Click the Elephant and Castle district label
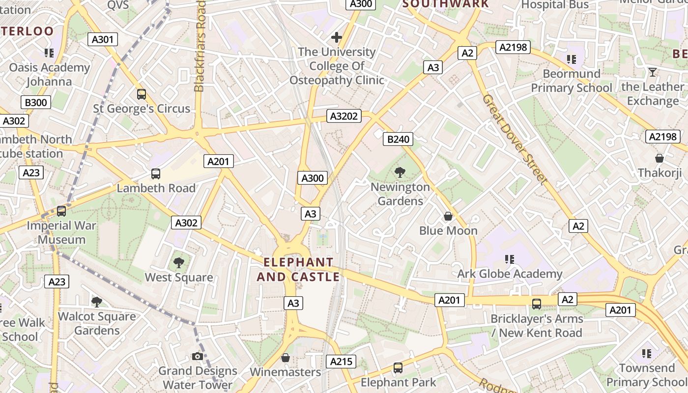coord(298,270)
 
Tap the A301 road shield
coord(103,39)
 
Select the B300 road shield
coord(36,103)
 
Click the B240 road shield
coord(398,139)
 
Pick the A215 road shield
coord(341,362)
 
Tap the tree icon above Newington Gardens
coord(400,172)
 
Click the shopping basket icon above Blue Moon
coord(448,216)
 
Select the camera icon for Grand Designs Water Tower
coord(198,356)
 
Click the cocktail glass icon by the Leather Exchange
coord(652,72)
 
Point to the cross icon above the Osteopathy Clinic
coord(337,37)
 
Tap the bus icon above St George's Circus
coord(142,94)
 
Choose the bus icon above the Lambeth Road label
coord(156,173)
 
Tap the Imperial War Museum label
coord(61,233)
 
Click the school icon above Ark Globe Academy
coord(510,259)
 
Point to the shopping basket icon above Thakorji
coord(659,158)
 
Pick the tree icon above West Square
coord(179,262)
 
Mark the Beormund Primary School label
coord(572,81)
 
